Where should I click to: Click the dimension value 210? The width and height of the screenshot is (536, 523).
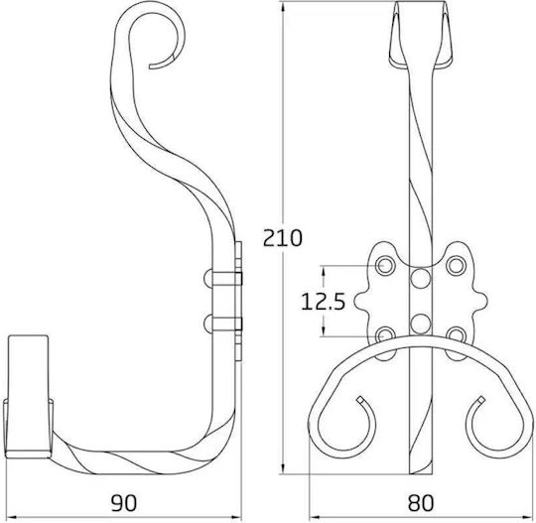pyautogui.click(x=283, y=238)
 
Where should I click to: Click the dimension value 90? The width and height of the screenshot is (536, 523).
pyautogui.click(x=124, y=503)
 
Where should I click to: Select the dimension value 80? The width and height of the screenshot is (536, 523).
pyautogui.click(x=421, y=503)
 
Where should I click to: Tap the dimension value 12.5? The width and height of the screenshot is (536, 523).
pyautogui.click(x=323, y=302)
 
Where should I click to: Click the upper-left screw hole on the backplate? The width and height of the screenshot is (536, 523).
pyautogui.click(x=385, y=265)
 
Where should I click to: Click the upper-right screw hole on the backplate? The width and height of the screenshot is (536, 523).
pyautogui.click(x=456, y=265)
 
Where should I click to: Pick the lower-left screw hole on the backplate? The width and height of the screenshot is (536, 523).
pyautogui.click(x=385, y=334)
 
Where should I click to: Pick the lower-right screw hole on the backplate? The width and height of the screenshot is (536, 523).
pyautogui.click(x=456, y=334)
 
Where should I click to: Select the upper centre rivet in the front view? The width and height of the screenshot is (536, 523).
pyautogui.click(x=420, y=278)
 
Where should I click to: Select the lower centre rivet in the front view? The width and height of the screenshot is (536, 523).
pyautogui.click(x=420, y=325)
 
